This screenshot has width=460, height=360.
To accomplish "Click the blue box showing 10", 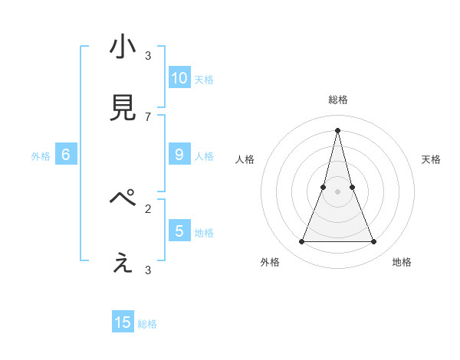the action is click(x=179, y=78).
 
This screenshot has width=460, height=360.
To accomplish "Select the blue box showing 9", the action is click(x=179, y=155).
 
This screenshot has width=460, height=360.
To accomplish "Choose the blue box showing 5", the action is click(x=179, y=231).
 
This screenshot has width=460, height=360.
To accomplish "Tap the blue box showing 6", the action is click(x=66, y=155).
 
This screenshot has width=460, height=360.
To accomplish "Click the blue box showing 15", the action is click(x=123, y=322).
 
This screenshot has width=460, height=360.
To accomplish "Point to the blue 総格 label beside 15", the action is click(x=147, y=324).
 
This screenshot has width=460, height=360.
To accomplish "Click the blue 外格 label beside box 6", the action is click(x=41, y=156).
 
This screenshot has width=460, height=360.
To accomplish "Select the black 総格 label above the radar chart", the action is click(x=337, y=100).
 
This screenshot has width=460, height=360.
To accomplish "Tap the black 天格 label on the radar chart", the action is click(x=432, y=159).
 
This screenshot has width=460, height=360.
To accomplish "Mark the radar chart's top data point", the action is click(x=337, y=129).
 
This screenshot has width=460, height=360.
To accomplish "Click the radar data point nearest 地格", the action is click(x=374, y=242).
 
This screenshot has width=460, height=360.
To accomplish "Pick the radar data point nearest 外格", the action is click(x=301, y=242).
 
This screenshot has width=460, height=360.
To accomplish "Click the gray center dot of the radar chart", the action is click(x=337, y=191).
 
